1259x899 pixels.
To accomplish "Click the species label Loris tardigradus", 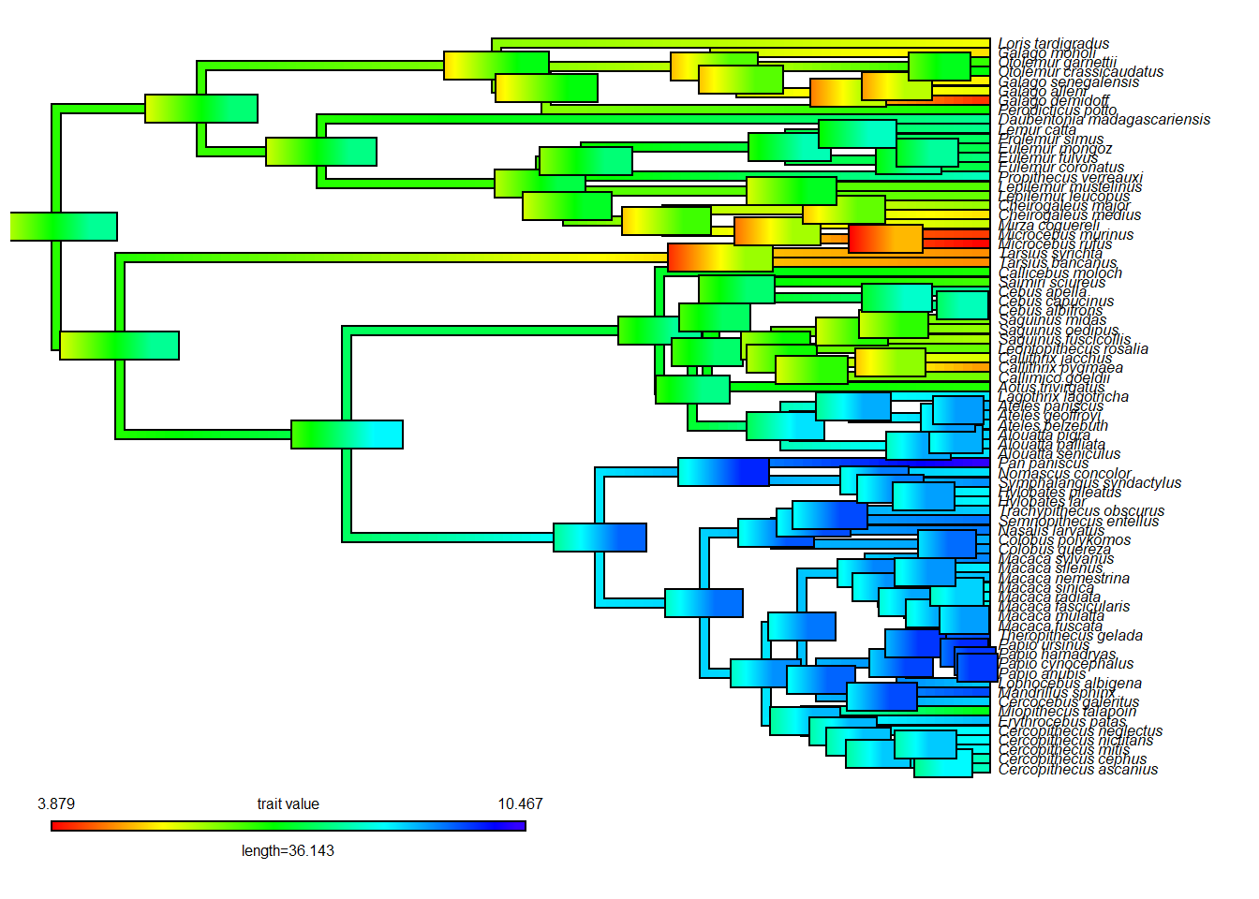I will pyautogui.click(x=1053, y=43).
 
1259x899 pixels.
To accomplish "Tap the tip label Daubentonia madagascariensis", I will pyautogui.click(x=1103, y=119).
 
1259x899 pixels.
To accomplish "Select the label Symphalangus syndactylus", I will pyautogui.click(x=1089, y=482).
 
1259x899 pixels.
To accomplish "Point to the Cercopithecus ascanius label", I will pyautogui.click(x=1077, y=769).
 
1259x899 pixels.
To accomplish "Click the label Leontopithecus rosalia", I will pyautogui.click(x=1073, y=348).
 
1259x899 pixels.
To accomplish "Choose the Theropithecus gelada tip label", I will pyautogui.click(x=1070, y=635).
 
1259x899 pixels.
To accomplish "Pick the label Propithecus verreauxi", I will pyautogui.click(x=1070, y=177).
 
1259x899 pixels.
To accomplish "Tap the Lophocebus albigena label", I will pyautogui.click(x=1070, y=683).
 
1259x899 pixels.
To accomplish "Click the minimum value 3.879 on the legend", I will pyautogui.click(x=56, y=803).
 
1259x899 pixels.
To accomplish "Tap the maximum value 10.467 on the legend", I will pyautogui.click(x=520, y=803).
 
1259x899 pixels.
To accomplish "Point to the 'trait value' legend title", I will pyautogui.click(x=288, y=803).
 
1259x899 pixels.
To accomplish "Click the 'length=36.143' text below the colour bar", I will pyautogui.click(x=288, y=850).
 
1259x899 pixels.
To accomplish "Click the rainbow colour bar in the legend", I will pyautogui.click(x=288, y=826).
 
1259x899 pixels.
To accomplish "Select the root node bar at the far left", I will pyautogui.click(x=64, y=227).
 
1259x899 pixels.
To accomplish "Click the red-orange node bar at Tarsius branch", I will pyautogui.click(x=719, y=258).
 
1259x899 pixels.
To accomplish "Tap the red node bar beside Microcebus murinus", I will pyautogui.click(x=885, y=239).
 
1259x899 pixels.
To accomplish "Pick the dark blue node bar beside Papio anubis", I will pyautogui.click(x=977, y=667).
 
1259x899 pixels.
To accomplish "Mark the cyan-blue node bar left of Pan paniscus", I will pyautogui.click(x=723, y=472).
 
